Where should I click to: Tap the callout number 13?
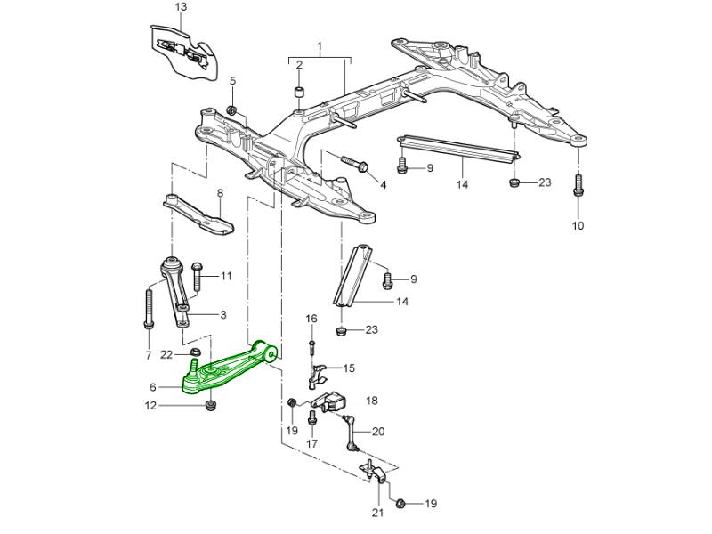coord(181,7)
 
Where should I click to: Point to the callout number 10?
coord(578,225)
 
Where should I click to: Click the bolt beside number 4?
coord(356,166)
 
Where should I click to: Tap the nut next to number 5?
coord(231,110)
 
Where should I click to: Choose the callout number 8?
coord(220,193)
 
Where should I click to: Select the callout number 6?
coord(153,388)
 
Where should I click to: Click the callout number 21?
coord(376,512)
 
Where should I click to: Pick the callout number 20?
coord(377,432)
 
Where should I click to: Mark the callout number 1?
coord(320,45)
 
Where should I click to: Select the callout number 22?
coord(166,355)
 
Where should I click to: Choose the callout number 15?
coord(348,368)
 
